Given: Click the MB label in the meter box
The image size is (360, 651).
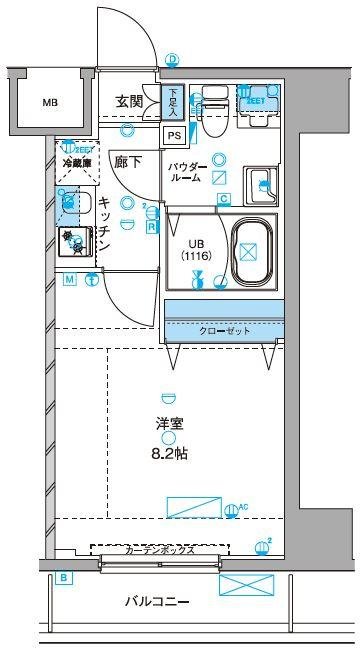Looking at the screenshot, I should tap(49, 102).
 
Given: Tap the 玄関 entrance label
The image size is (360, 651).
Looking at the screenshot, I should tap(129, 101).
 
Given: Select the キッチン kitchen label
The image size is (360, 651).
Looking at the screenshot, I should tap(104, 222).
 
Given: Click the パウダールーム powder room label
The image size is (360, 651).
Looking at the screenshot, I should tap(187, 171).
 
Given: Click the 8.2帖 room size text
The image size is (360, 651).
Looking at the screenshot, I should tap(169, 453).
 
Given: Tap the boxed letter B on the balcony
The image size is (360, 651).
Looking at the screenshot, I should tap(63, 577).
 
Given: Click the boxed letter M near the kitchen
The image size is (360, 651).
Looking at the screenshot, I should tap(70, 280).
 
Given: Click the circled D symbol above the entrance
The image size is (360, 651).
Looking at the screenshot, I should tap(172, 60).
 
